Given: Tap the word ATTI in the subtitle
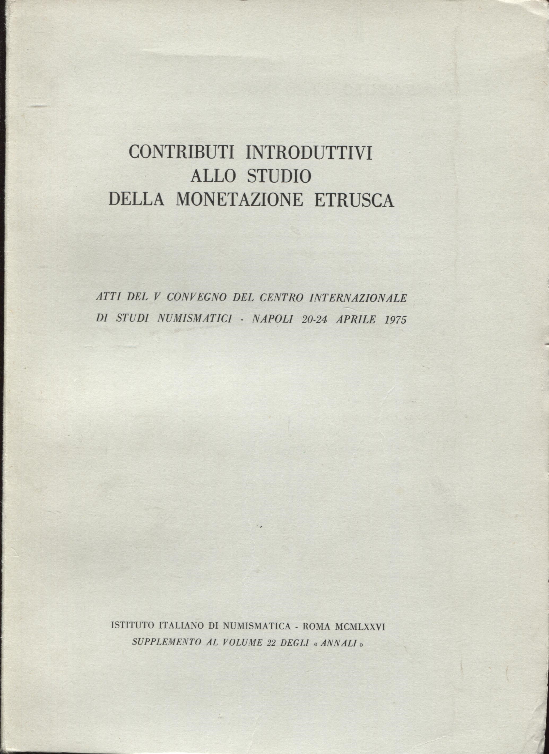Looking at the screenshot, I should [107, 298].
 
